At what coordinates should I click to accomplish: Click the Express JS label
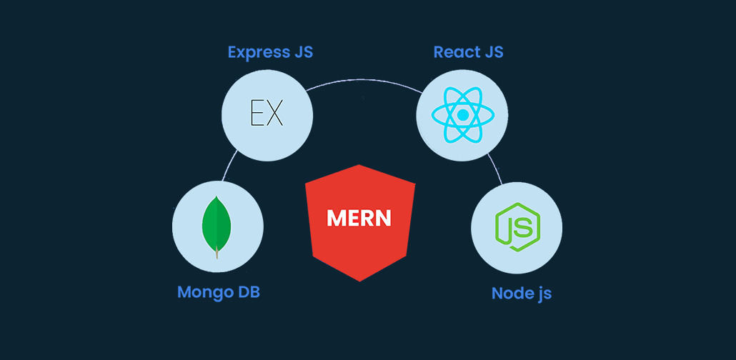coord(270,52)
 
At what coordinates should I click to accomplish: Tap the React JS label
coord(468,52)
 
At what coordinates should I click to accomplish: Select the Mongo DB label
coord(218,292)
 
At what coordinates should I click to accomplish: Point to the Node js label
coord(522,294)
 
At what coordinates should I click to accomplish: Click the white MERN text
coord(359,219)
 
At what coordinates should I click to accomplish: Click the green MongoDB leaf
coord(217,222)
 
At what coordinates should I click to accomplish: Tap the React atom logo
coord(462,114)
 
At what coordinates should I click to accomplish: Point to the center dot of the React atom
coord(462,114)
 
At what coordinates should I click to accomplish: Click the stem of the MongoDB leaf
coord(217,252)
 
